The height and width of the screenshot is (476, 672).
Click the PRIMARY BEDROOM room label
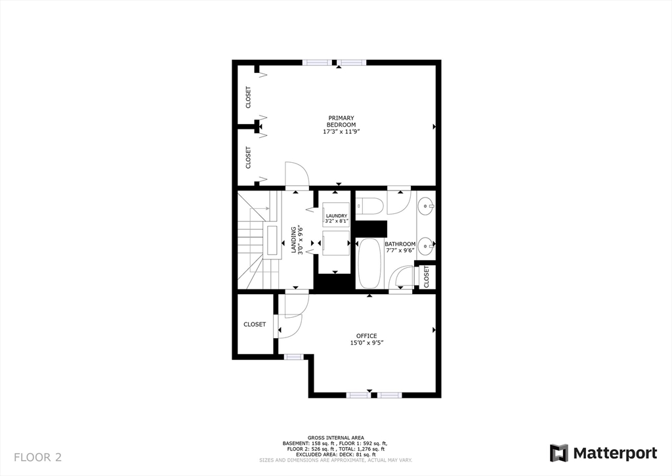[x=342, y=121]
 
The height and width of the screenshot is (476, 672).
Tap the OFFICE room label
[x=366, y=336]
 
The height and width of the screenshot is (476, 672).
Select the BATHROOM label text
[x=400, y=244]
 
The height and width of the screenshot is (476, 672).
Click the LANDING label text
[x=294, y=240]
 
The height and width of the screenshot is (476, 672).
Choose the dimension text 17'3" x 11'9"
[x=342, y=132]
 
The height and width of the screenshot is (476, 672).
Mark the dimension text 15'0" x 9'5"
[x=366, y=343]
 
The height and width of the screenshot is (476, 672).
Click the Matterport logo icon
[x=559, y=453]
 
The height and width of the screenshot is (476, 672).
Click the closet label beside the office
[x=255, y=324]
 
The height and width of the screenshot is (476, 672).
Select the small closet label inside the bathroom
[x=426, y=276]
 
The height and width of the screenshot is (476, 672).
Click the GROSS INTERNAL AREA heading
[x=336, y=438]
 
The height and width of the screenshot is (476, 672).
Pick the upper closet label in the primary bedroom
[x=248, y=97]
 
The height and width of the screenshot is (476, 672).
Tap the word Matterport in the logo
[x=616, y=453]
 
